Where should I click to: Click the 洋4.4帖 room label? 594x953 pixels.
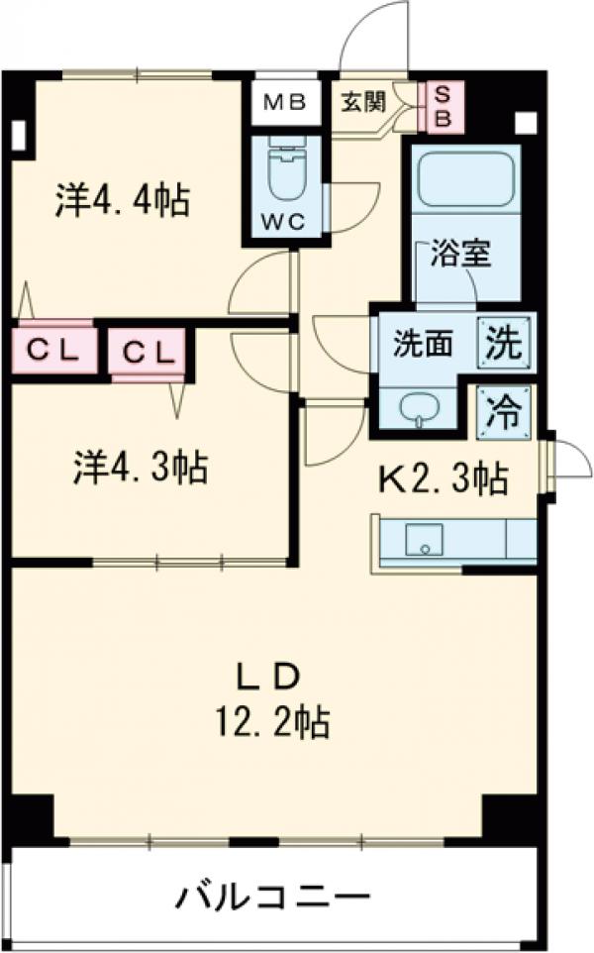coord(123,202)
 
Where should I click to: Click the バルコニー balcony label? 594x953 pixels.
coord(273,900)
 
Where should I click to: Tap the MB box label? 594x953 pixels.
coord(284,102)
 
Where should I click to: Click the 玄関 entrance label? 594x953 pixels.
coord(363,102)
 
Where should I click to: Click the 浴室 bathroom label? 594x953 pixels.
coord(460,254)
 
